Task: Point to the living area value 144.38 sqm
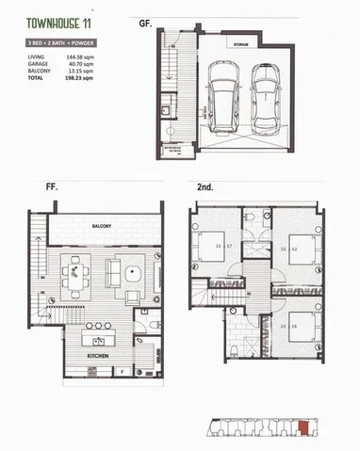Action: click(x=78, y=57)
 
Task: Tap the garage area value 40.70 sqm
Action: click(x=79, y=64)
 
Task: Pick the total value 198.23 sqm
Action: click(x=78, y=77)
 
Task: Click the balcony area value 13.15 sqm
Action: click(x=79, y=71)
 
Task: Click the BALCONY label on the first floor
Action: click(x=103, y=227)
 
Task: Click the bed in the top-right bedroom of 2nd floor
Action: click(x=302, y=250)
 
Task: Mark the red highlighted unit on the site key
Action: click(x=303, y=429)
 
